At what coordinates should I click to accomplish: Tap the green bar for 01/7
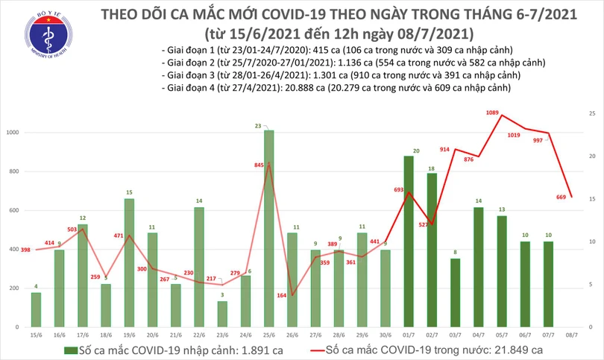click(x=409, y=241)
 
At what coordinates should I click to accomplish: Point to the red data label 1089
click(x=492, y=112)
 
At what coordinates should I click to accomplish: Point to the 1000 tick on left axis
click(x=15, y=133)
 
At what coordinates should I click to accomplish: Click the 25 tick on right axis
click(x=591, y=113)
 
